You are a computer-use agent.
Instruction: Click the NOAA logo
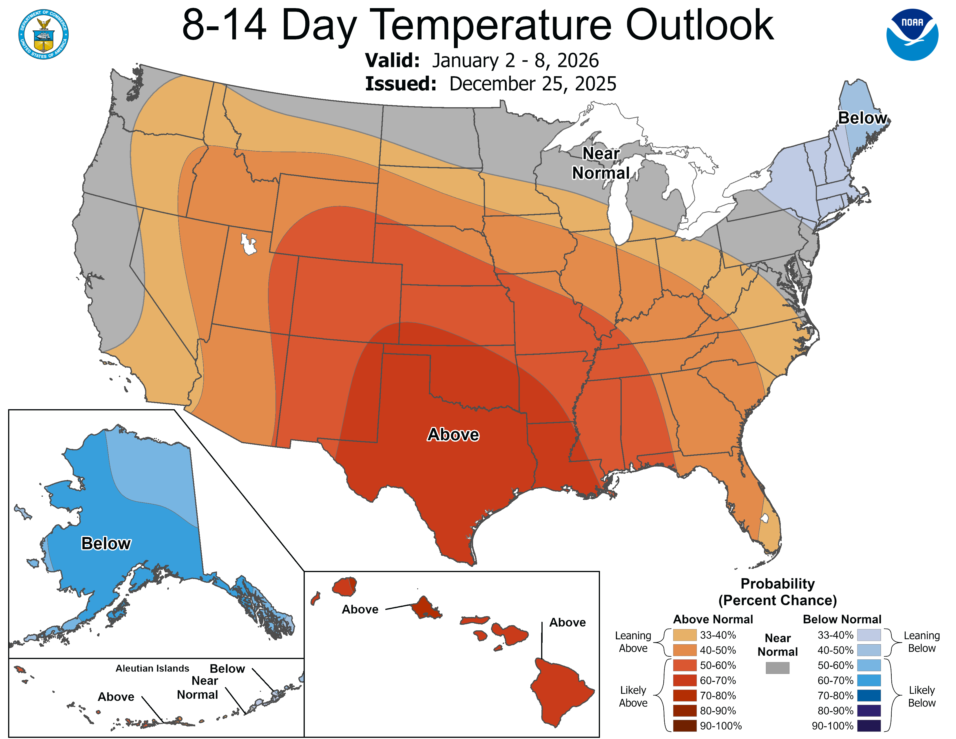tap(912, 34)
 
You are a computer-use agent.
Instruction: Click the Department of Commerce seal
tap(43, 34)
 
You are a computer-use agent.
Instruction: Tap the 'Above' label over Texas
tap(453, 435)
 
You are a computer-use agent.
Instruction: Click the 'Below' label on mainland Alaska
tap(106, 543)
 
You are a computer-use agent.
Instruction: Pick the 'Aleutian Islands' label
tap(152, 669)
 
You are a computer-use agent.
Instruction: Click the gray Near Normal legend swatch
tap(778, 668)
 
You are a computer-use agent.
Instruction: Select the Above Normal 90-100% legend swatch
tap(685, 726)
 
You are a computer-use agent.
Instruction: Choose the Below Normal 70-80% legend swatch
tap(869, 696)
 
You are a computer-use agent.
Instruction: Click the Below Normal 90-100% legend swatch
tap(869, 726)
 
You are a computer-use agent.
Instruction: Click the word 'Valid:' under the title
tap(393, 60)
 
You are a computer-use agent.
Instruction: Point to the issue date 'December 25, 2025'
tap(533, 84)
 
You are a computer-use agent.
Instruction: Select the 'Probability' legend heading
tap(778, 584)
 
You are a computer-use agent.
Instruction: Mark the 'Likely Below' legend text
tap(922, 696)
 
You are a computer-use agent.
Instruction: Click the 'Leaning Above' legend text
tap(633, 642)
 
